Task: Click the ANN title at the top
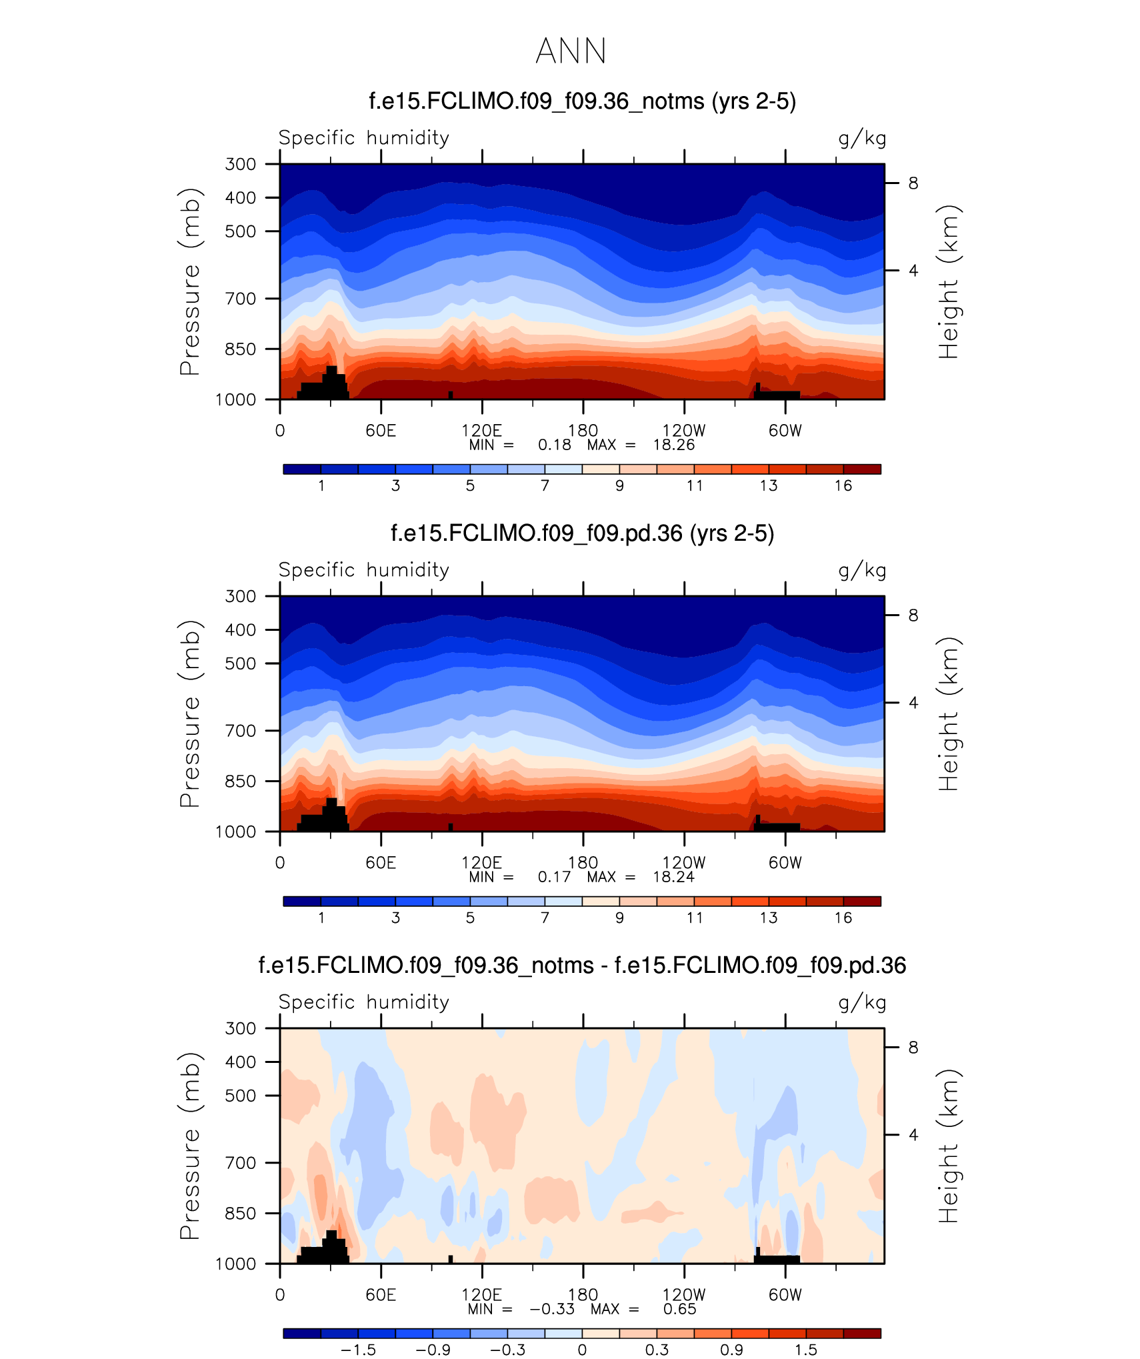tap(571, 51)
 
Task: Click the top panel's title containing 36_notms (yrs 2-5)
tap(582, 101)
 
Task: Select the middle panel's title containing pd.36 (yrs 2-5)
tap(582, 533)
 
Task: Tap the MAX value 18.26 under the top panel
tap(673, 445)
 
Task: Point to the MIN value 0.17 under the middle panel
tap(554, 878)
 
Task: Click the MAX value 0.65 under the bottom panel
tap(679, 1309)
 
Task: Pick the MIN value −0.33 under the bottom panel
tap(552, 1309)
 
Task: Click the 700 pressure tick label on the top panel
tap(240, 299)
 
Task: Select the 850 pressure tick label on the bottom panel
tap(240, 1213)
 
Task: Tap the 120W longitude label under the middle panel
tap(683, 863)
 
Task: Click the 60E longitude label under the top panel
tap(381, 431)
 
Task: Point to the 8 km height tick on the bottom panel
tap(913, 1048)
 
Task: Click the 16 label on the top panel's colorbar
tap(843, 486)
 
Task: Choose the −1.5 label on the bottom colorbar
tap(358, 1350)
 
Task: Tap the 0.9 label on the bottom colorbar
tap(731, 1350)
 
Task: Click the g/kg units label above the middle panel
tap(862, 570)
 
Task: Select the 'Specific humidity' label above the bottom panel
tap(364, 1002)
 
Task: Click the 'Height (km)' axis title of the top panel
tap(947, 282)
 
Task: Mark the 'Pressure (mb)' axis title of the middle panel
tap(190, 714)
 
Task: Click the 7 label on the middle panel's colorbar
tap(545, 918)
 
